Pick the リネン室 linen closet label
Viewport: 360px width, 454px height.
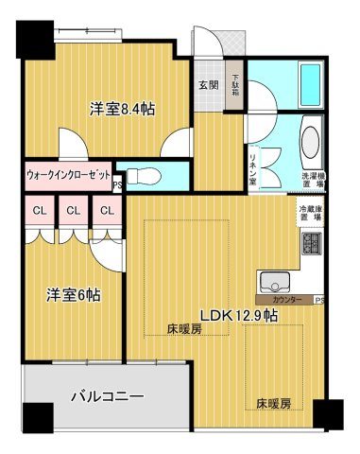coord(255,154)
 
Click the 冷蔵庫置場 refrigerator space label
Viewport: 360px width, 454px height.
coord(311,213)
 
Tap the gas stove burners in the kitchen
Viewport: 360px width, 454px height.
coord(311,248)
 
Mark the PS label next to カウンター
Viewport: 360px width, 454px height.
coord(319,301)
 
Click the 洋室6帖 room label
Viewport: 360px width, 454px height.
coord(74,294)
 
